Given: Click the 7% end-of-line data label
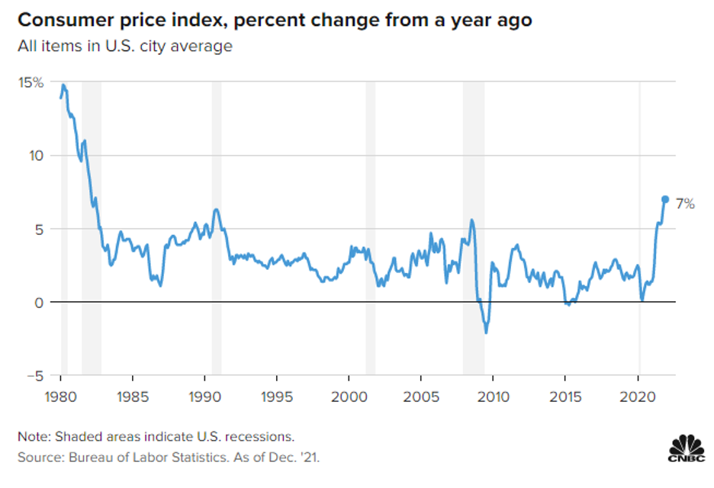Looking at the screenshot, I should (x=683, y=204).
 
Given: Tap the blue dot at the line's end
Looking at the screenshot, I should (x=664, y=199).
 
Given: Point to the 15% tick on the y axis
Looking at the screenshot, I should (x=32, y=82).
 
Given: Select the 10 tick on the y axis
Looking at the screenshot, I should (x=37, y=156).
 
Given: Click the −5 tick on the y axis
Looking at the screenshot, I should (x=36, y=376).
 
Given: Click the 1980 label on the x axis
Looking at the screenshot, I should (x=61, y=397).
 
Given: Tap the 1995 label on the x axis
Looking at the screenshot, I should (x=277, y=397).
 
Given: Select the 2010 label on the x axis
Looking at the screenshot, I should (x=493, y=397).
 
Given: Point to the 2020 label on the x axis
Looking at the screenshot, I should (x=637, y=397).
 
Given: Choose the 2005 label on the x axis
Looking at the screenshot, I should (x=421, y=397).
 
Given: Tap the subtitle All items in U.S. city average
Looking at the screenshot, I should (x=125, y=47).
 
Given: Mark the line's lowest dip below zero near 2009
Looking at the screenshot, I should (x=486, y=332).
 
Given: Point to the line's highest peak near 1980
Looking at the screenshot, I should (x=63, y=85).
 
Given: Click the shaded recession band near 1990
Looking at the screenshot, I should (x=217, y=229).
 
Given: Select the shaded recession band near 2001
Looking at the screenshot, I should (x=370, y=229).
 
